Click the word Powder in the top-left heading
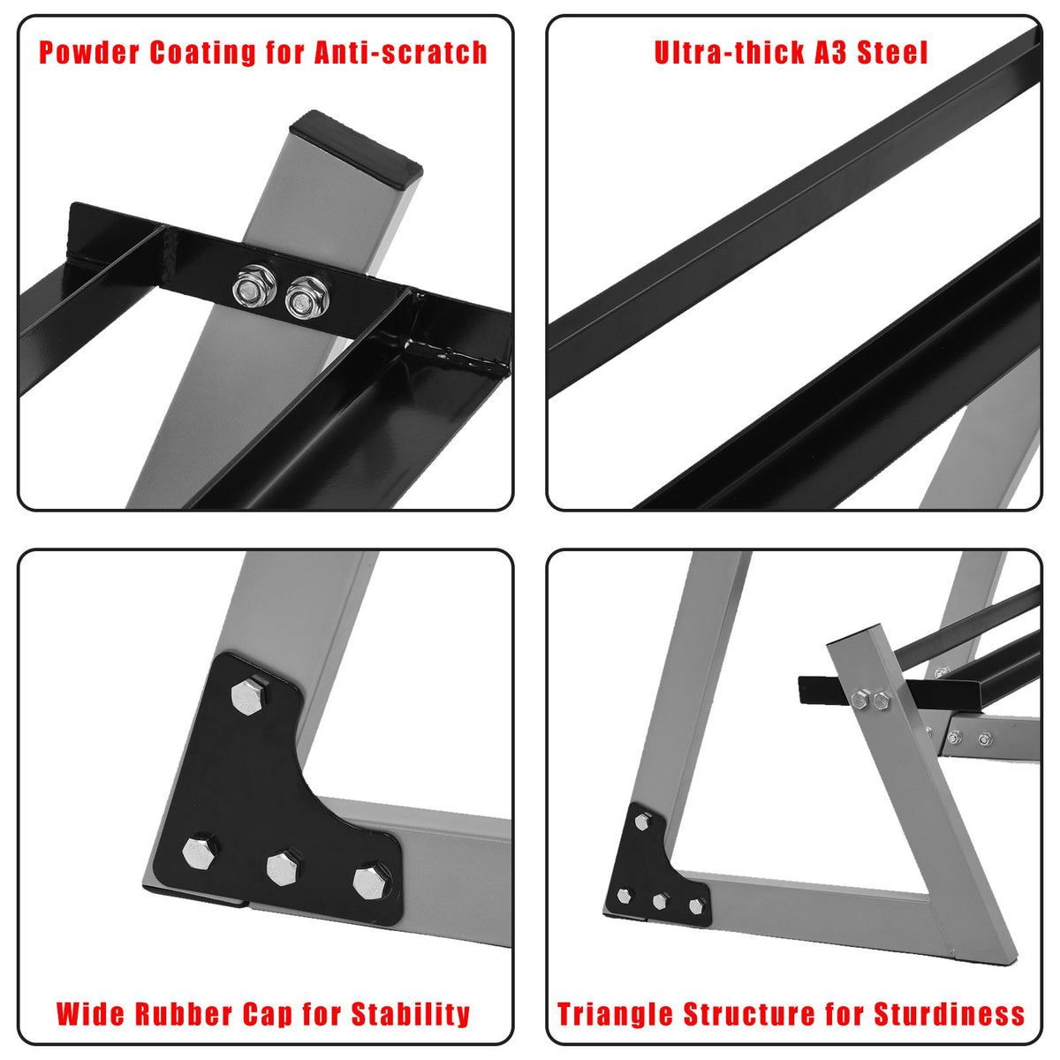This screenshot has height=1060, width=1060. (x=89, y=53)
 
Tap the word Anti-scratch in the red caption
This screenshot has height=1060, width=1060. (x=401, y=53)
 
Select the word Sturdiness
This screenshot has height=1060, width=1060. (x=949, y=1013)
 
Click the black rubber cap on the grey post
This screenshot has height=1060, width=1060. (x=356, y=148)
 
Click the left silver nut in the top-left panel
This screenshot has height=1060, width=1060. (x=254, y=285)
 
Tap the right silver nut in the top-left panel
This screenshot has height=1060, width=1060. (x=307, y=299)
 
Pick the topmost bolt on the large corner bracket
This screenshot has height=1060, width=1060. (x=249, y=696)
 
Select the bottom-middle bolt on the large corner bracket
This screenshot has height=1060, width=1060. (x=284, y=868)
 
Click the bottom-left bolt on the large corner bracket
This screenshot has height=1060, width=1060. (x=199, y=852)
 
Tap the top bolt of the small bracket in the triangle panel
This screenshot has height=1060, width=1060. (x=642, y=821)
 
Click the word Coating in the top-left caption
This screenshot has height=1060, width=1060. (x=202, y=54)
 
